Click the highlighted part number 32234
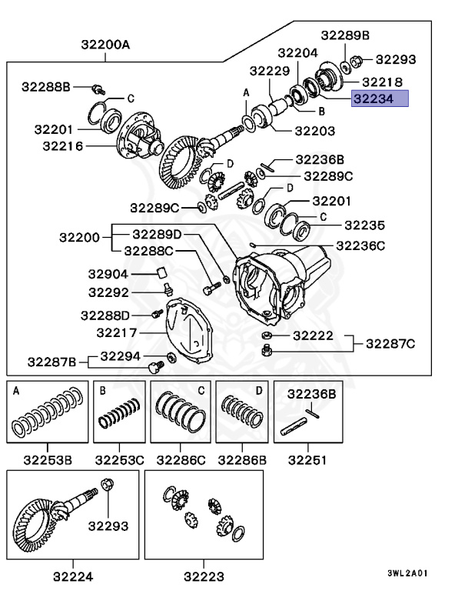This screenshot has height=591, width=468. tap(380, 98)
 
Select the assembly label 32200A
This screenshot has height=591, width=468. tap(106, 45)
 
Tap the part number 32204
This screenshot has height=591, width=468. tap(297, 53)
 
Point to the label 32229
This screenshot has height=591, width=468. tap(268, 71)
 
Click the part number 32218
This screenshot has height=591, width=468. tap(383, 81)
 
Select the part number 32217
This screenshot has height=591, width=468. tap(117, 332)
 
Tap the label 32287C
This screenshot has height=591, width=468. tap(389, 343)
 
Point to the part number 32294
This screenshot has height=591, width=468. tap(120, 356)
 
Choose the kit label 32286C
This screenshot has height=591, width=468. tap(181, 460)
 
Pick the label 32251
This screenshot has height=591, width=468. tap(307, 460)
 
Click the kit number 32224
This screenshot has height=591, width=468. tap(75, 574)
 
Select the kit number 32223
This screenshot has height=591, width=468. tap(204, 574)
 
